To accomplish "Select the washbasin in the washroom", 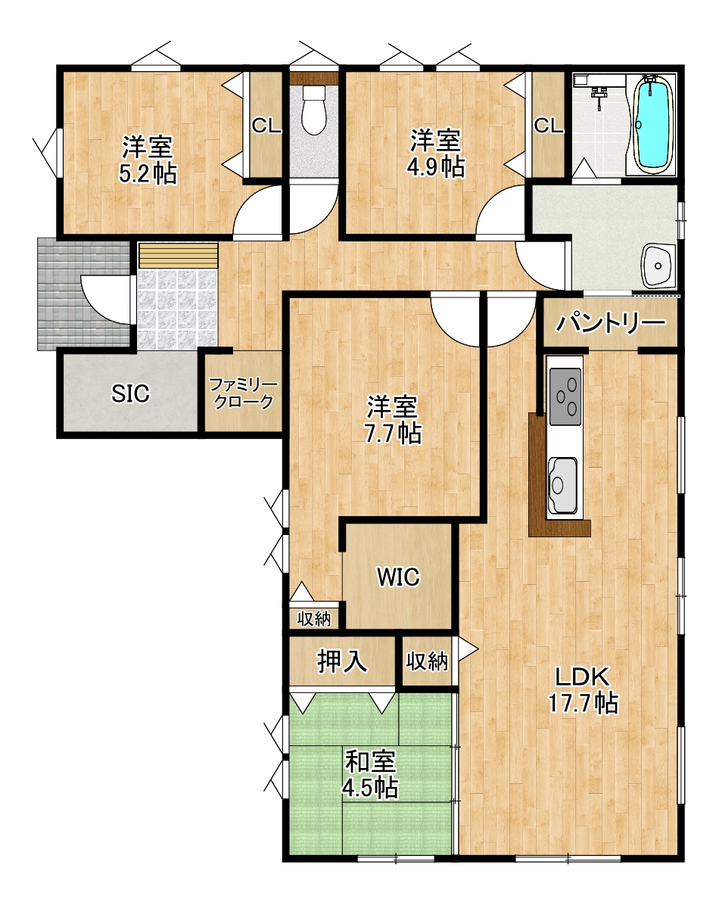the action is [658, 265].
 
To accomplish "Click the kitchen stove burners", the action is [565, 396].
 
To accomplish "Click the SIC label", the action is [130, 393].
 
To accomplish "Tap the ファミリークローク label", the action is [243, 393].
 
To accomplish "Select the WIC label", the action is [398, 577].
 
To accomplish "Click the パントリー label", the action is [611, 323].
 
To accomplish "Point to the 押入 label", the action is [342, 661].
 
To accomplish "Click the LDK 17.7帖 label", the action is [583, 689].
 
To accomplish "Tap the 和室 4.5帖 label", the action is [370, 774].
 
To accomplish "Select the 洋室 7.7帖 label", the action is [393, 420].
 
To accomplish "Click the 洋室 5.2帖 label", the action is [148, 160].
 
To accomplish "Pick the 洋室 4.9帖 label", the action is [436, 153].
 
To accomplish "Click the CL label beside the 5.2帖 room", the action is [266, 126].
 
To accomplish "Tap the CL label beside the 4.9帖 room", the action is [549, 126].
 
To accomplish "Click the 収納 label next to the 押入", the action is [427, 661].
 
